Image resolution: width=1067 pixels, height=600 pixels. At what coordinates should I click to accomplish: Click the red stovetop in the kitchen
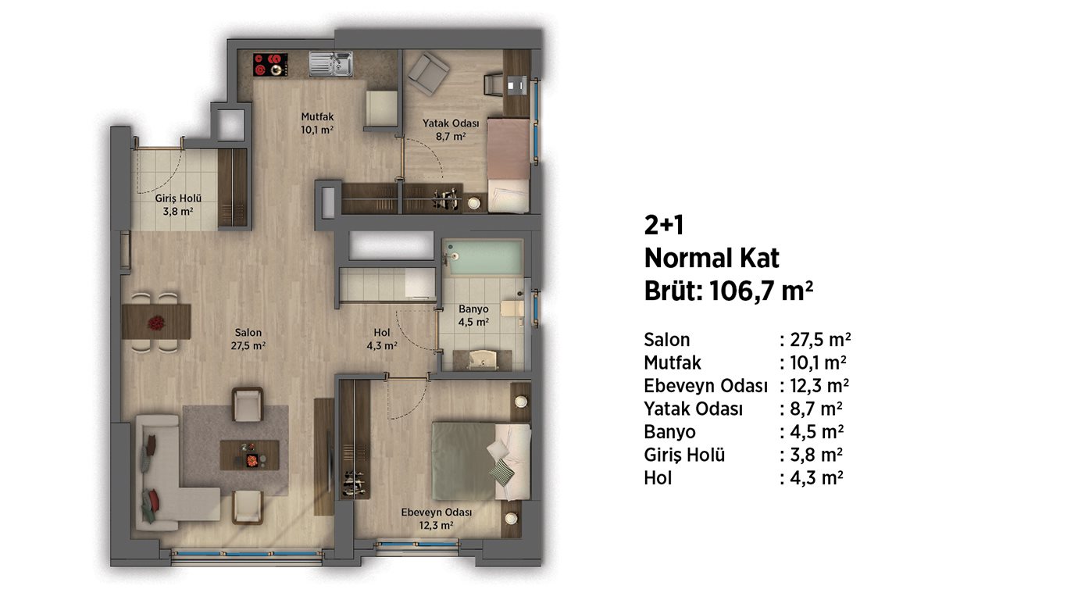click(270, 64)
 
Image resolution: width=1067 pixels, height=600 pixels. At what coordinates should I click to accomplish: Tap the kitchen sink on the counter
click(330, 64)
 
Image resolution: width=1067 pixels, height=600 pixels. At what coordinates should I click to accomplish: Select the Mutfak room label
click(317, 123)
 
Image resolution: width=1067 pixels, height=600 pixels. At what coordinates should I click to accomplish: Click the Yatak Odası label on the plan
click(451, 130)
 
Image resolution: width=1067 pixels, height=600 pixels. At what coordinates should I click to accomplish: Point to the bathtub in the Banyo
click(484, 257)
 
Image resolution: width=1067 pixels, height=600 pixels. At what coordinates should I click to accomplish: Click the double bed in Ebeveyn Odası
click(481, 461)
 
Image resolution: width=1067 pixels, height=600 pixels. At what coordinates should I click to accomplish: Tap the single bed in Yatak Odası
click(509, 166)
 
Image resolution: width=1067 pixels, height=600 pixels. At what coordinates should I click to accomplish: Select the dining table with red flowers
click(156, 322)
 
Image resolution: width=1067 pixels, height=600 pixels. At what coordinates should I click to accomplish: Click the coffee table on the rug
click(249, 455)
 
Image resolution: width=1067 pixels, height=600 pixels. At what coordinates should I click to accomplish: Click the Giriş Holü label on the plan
click(178, 205)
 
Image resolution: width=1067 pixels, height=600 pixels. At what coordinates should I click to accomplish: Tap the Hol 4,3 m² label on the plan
click(382, 339)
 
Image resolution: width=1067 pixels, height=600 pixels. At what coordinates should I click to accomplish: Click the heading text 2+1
click(664, 225)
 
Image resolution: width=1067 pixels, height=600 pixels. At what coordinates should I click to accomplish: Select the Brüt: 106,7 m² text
click(728, 290)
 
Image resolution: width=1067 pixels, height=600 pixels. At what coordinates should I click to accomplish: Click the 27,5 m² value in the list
click(820, 340)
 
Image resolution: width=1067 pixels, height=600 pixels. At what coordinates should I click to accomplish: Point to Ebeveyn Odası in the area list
click(705, 386)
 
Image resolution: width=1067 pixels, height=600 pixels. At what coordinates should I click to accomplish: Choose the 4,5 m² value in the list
click(816, 432)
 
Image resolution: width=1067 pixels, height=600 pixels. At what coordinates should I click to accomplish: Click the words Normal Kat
click(712, 258)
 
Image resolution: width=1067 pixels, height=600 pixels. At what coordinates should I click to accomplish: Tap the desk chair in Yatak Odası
click(493, 84)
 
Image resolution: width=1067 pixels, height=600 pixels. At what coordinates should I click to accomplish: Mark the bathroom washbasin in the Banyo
click(482, 360)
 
